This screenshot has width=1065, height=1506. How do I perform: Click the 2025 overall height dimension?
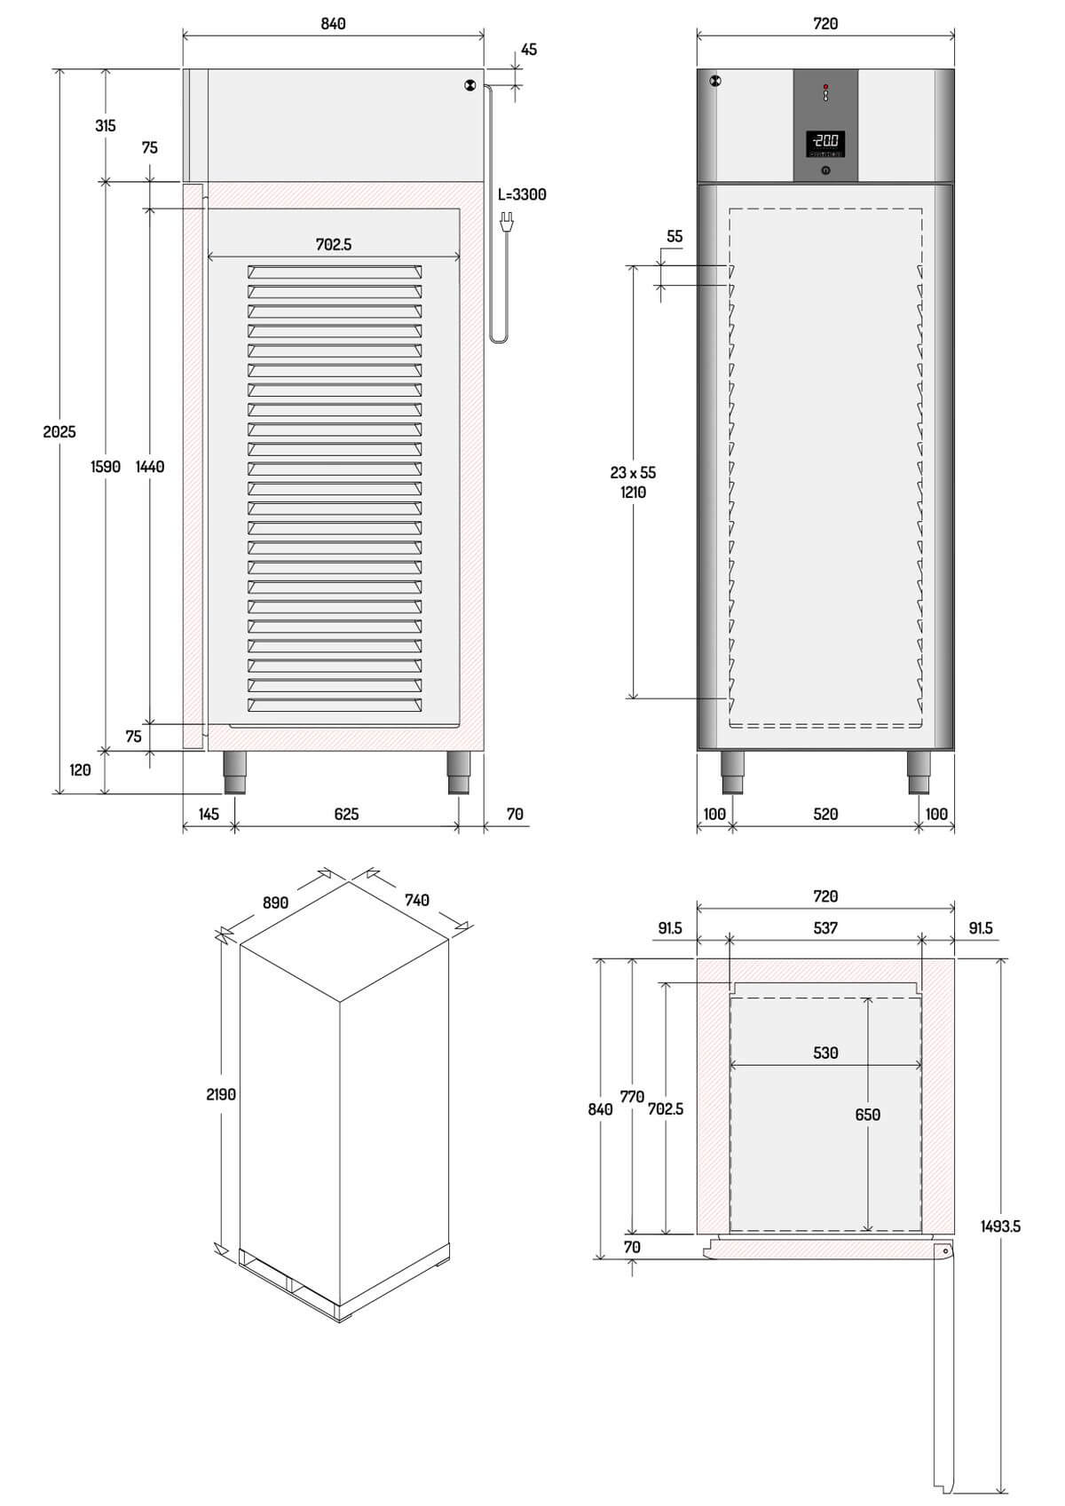click(59, 431)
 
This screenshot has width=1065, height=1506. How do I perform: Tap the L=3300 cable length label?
click(522, 195)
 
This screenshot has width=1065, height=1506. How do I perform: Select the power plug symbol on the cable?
click(508, 220)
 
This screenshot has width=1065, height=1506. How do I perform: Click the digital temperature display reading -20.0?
click(825, 142)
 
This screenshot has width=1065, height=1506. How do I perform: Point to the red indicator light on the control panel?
click(825, 87)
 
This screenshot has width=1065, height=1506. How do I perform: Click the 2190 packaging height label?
click(220, 1094)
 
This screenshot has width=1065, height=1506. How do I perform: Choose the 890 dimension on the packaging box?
click(276, 903)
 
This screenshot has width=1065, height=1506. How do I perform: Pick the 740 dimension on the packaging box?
click(417, 900)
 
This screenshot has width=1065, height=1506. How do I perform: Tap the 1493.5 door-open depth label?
click(1000, 1226)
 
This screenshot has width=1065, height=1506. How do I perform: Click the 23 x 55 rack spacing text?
click(633, 473)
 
